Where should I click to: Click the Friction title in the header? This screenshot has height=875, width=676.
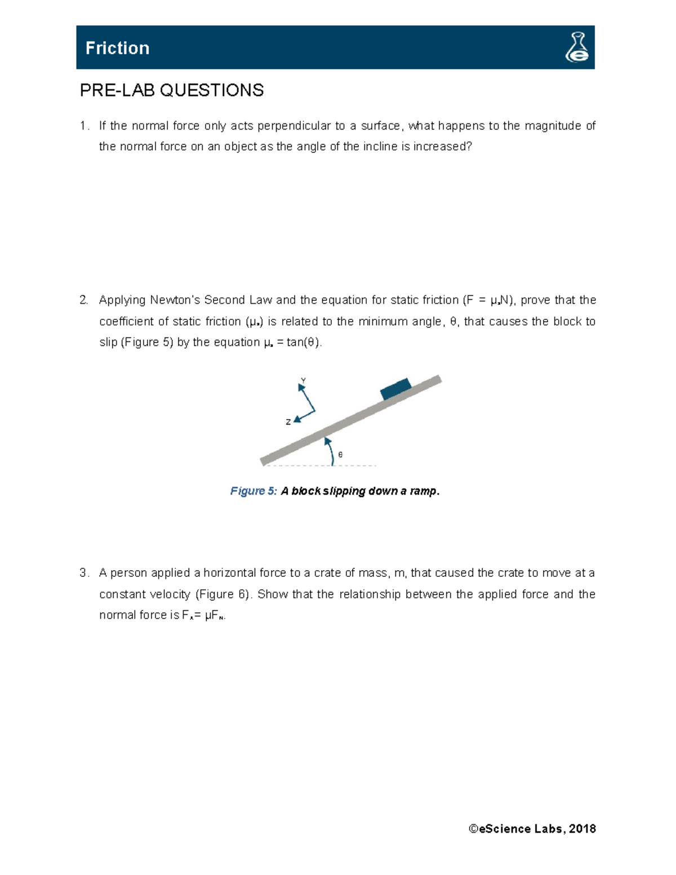pyautogui.click(x=117, y=48)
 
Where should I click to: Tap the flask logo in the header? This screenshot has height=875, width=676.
pyautogui.click(x=577, y=47)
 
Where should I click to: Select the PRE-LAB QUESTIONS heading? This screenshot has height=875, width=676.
pyautogui.click(x=172, y=90)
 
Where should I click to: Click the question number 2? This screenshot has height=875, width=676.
pyautogui.click(x=83, y=300)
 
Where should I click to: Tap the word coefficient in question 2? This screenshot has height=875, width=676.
pyautogui.click(x=127, y=322)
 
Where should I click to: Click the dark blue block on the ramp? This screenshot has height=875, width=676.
pyautogui.click(x=395, y=389)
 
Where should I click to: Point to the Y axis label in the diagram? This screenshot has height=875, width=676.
pyautogui.click(x=304, y=381)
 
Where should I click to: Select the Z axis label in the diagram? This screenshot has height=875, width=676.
pyautogui.click(x=288, y=421)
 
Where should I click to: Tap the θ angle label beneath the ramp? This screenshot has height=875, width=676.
pyautogui.click(x=340, y=454)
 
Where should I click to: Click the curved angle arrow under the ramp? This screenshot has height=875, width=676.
pyautogui.click(x=331, y=451)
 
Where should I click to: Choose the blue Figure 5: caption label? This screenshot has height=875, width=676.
pyautogui.click(x=253, y=491)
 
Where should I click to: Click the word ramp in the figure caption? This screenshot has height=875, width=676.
pyautogui.click(x=424, y=491)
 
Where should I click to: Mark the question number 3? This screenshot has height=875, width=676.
pyautogui.click(x=83, y=573)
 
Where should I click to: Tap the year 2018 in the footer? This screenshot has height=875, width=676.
pyautogui.click(x=582, y=829)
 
